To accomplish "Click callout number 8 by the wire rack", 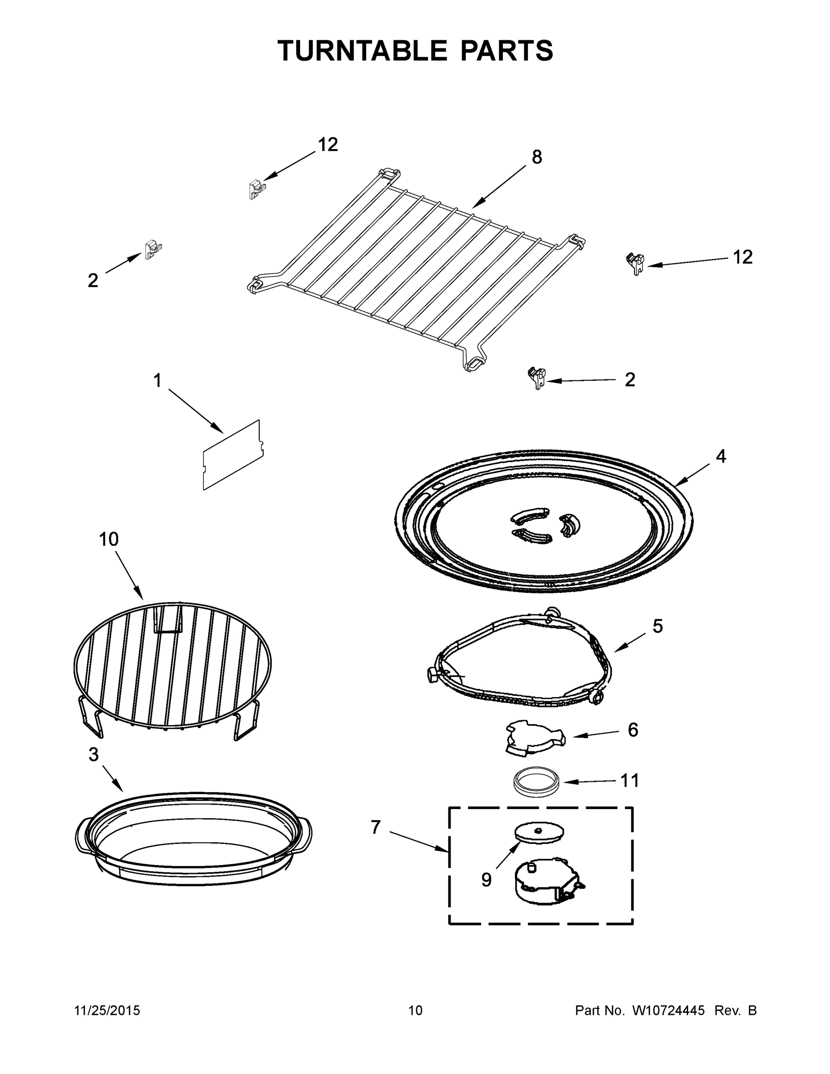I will [537, 158].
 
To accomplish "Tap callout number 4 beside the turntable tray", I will [720, 457].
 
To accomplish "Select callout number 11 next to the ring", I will [630, 780].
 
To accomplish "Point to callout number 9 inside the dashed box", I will [486, 880].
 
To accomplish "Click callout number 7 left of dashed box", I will [376, 827].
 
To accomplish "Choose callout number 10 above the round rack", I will [109, 539].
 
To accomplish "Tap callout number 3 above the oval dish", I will [94, 754].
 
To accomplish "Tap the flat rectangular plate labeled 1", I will [232, 455].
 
